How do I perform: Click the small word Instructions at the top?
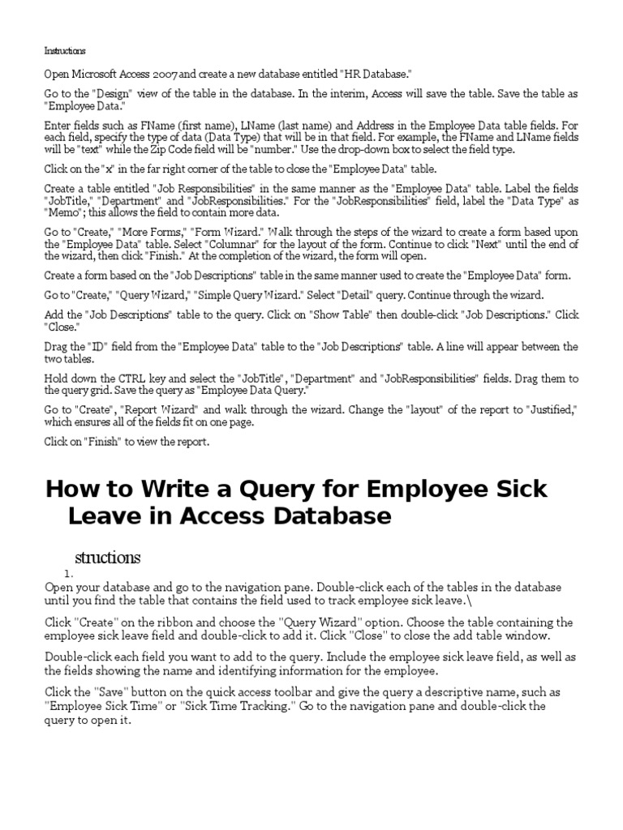65,50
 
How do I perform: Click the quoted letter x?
105,169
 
